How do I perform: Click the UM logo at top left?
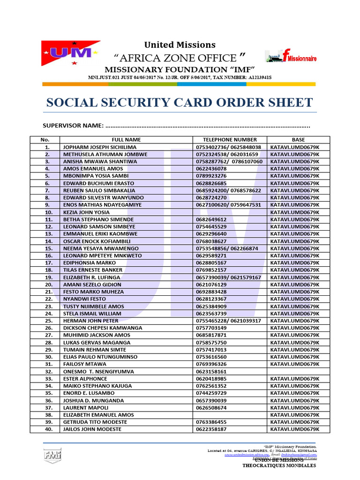click(x=70, y=53)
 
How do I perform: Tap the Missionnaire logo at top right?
click(x=291, y=57)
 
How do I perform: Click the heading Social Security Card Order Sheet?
click(x=179, y=102)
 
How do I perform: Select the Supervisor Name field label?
click(x=73, y=126)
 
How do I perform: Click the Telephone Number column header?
click(x=230, y=140)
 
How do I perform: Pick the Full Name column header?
click(x=126, y=140)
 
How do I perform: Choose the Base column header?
click(x=298, y=140)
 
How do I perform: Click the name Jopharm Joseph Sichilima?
click(x=100, y=147)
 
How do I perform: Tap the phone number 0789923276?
click(x=211, y=176)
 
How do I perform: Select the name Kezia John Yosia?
click(x=86, y=212)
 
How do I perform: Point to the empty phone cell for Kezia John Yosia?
click(x=230, y=212)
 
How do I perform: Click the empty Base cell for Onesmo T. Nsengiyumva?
click(x=298, y=371)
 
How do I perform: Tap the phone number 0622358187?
click(x=211, y=429)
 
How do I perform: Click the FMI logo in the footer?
click(x=52, y=455)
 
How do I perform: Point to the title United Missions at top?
click(x=180, y=45)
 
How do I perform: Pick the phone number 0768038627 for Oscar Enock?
click(x=211, y=241)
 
